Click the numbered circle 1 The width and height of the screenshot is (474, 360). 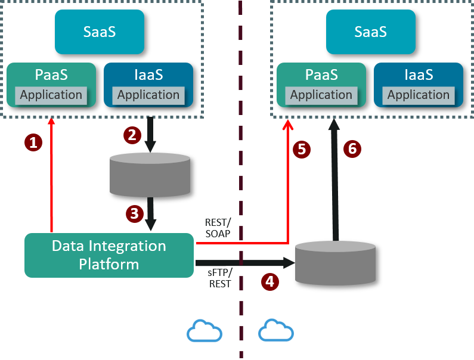(33, 142)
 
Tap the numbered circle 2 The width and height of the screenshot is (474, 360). (132, 135)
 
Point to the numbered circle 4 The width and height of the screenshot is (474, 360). (270, 281)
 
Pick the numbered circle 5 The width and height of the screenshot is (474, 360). (302, 149)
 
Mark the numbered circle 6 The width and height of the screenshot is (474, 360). (352, 149)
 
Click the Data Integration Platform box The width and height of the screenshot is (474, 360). (109, 255)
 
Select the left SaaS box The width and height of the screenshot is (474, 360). (100, 32)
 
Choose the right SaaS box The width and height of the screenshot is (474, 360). (370, 32)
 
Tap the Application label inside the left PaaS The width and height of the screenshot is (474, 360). (51, 95)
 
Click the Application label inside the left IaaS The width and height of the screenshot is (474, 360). (148, 95)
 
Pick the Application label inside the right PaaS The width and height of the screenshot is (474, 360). (321, 95)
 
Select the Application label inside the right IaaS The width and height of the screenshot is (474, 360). (419, 95)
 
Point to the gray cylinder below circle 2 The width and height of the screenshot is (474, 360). (150, 175)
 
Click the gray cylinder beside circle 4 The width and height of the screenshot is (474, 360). (336, 263)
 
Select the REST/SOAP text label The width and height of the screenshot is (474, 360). (218, 229)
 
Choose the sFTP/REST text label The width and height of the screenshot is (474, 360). (220, 278)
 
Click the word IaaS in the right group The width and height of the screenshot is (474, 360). (418, 75)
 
